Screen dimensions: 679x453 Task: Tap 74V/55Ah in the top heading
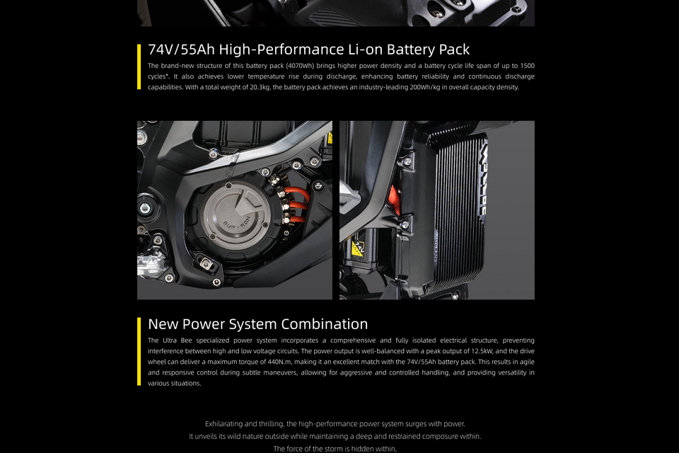pyautogui.click(x=182, y=50)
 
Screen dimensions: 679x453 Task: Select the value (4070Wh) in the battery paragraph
pyautogui.click(x=300, y=66)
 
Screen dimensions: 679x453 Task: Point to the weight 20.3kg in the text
pyautogui.click(x=260, y=87)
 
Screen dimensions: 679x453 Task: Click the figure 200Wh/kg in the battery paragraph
pyautogui.click(x=425, y=87)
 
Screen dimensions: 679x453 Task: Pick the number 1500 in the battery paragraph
pyautogui.click(x=527, y=66)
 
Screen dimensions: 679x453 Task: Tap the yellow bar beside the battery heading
pyautogui.click(x=139, y=67)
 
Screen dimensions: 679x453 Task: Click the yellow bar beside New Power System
pyautogui.click(x=139, y=352)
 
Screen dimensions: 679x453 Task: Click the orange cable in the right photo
pyautogui.click(x=395, y=200)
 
